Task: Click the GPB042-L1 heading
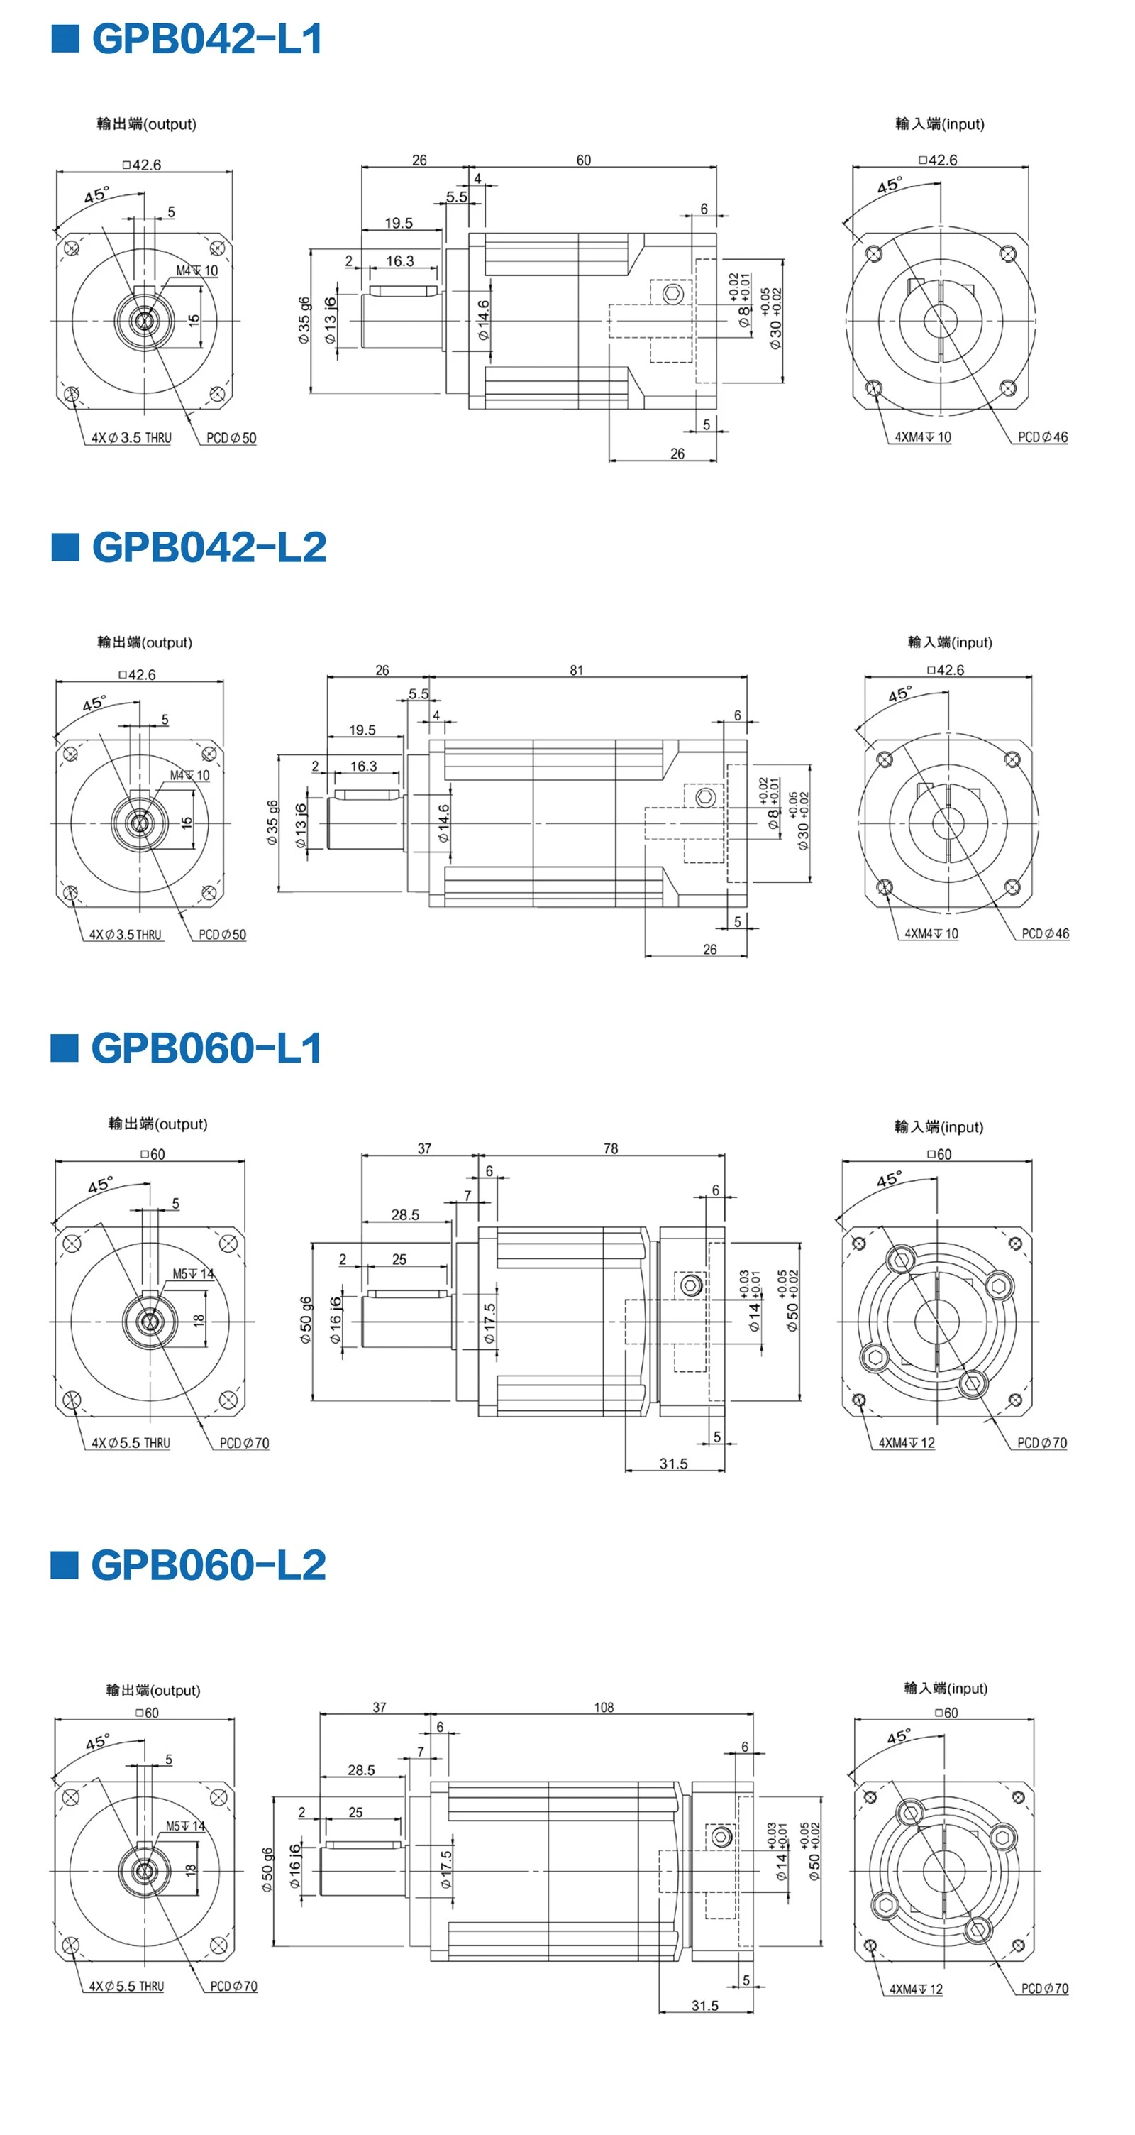207,39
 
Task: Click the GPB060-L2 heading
209,1566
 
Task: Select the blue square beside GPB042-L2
65,547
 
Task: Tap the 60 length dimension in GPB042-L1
584,160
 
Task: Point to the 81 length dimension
577,670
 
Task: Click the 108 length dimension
604,1707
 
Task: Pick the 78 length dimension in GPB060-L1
611,1148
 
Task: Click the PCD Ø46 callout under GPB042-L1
1043,437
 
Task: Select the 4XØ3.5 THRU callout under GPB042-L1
131,438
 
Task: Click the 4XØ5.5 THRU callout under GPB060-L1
131,1443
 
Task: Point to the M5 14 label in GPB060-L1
193,1274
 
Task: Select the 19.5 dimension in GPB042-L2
362,730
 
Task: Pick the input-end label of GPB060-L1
939,1126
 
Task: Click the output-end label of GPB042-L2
144,642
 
